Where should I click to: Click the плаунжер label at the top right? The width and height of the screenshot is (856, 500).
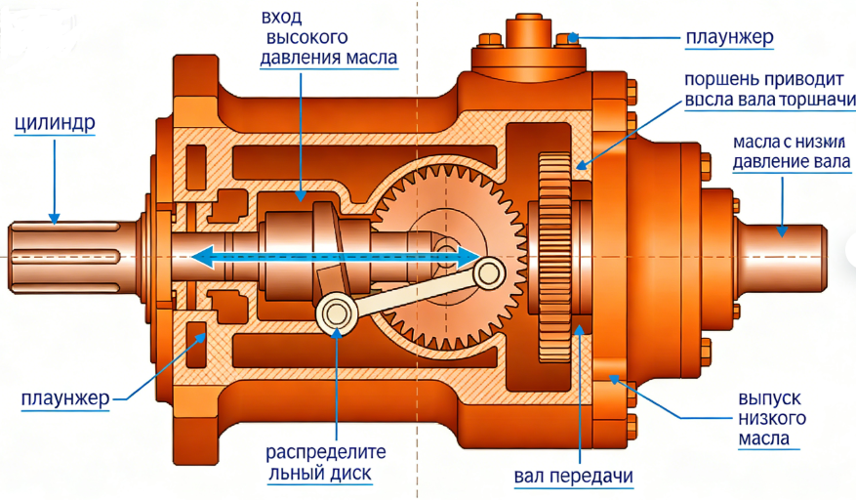pos(728,38)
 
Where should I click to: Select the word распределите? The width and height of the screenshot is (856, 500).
pos(327,453)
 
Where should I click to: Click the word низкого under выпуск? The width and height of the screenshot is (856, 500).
pos(771,419)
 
